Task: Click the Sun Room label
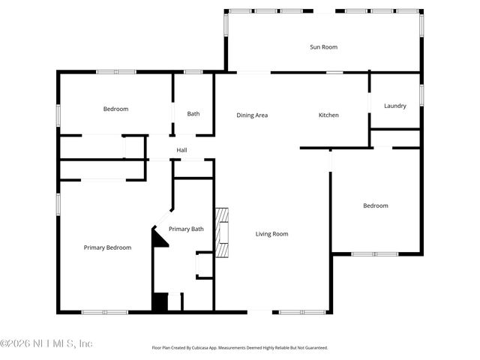[323, 47]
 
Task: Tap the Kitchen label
[328, 115]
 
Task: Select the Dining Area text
[252, 115]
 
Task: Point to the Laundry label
[394, 106]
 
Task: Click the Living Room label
[271, 234]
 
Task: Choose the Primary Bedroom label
[107, 247]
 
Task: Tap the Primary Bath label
[186, 229]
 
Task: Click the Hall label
[181, 150]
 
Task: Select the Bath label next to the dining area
[193, 114]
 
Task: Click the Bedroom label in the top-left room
[115, 109]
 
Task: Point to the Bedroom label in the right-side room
[376, 205]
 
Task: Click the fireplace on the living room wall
[221, 232]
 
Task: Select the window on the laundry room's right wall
[421, 94]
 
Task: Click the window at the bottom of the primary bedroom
[99, 312]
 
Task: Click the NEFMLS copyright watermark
[46, 343]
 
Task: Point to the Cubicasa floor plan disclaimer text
[240, 348]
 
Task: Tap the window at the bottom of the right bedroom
[375, 253]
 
